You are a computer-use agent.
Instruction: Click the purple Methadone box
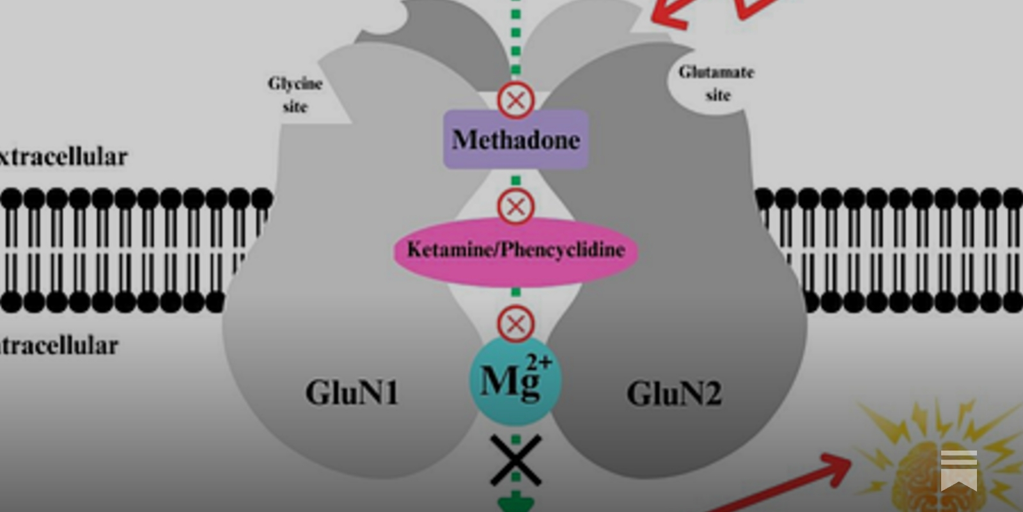click(x=516, y=140)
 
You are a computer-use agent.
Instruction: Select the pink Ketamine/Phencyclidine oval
click(x=516, y=250)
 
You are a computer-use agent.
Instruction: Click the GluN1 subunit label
click(x=352, y=392)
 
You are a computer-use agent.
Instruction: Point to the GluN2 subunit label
click(x=674, y=394)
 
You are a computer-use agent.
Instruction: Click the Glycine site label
click(x=295, y=95)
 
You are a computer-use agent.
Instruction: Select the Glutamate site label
click(x=717, y=83)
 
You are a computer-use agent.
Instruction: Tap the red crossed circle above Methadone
click(x=516, y=100)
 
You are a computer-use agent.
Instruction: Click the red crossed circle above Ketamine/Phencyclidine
click(x=516, y=207)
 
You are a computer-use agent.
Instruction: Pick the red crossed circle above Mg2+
click(x=516, y=324)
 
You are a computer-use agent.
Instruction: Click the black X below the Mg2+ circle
click(x=516, y=460)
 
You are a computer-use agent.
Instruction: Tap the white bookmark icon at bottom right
click(x=958, y=470)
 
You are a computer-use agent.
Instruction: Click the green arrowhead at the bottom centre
click(x=515, y=504)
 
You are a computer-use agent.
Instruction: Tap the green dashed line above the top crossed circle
click(x=516, y=38)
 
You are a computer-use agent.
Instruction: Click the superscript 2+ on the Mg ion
click(x=538, y=362)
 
